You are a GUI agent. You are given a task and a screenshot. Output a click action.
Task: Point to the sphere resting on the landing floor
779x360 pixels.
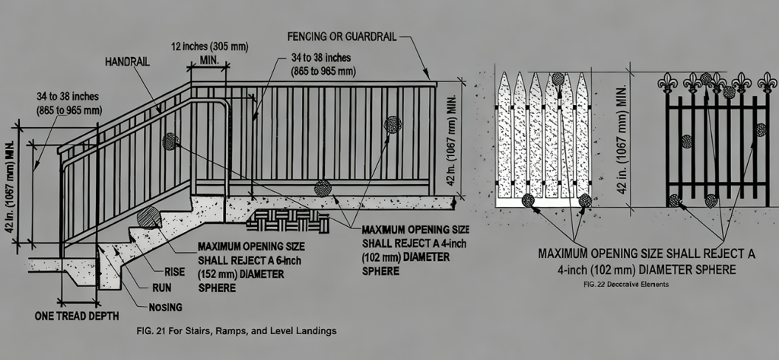[323, 188]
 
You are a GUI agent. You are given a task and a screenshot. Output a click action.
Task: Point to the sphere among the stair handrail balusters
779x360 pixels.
[170, 141]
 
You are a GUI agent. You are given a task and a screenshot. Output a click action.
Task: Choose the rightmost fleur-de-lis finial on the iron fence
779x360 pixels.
[767, 81]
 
